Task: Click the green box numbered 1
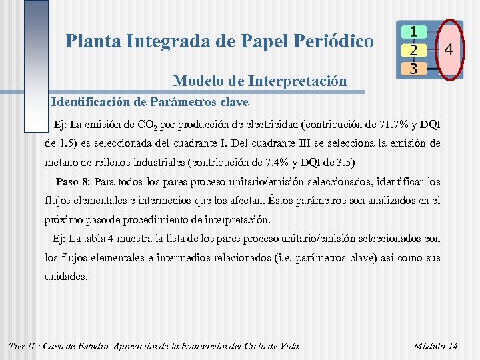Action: coord(414,32)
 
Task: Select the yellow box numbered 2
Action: coord(414,50)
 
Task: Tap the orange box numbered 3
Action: coord(414,68)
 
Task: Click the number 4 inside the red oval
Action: coord(449,50)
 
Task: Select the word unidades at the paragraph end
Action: coord(65,275)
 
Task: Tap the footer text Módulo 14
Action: coord(435,345)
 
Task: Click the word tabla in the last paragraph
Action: coord(109,238)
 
